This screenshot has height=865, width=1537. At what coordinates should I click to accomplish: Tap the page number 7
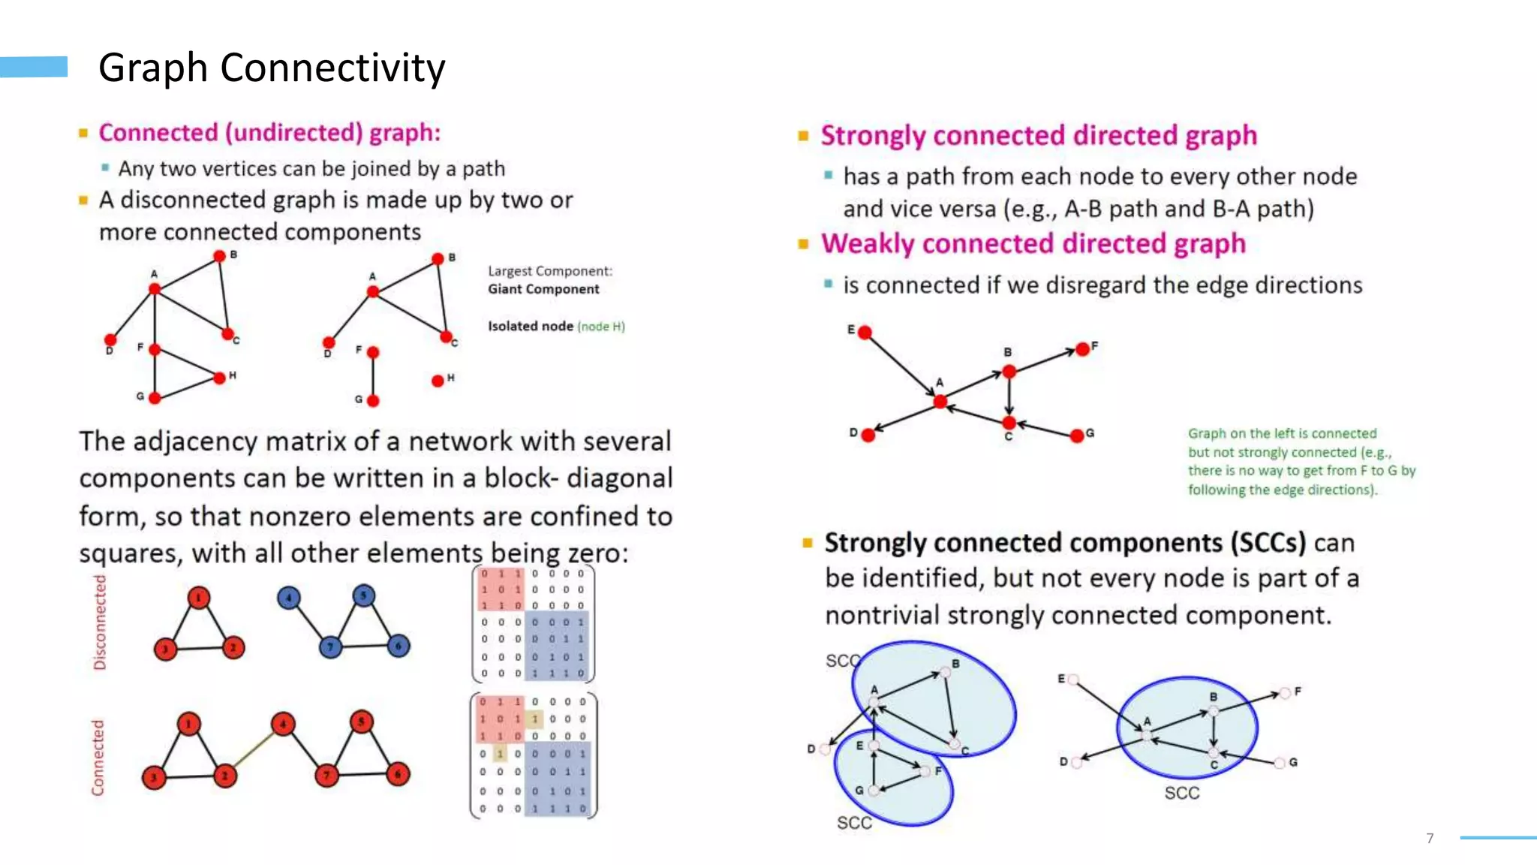click(1430, 838)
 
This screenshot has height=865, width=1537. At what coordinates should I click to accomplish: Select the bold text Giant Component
click(543, 289)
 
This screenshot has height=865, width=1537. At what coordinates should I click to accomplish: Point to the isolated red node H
click(438, 381)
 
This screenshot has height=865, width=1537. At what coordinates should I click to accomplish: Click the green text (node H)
click(601, 327)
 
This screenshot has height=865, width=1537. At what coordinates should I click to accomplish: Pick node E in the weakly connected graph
click(865, 333)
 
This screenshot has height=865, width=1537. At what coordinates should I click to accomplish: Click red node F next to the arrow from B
click(1082, 349)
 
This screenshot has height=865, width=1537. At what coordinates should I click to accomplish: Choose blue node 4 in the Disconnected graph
click(289, 598)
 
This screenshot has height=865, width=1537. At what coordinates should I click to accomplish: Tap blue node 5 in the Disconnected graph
click(363, 595)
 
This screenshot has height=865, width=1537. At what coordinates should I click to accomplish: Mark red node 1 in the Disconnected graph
click(198, 598)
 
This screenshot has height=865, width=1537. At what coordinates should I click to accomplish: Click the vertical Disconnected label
click(100, 622)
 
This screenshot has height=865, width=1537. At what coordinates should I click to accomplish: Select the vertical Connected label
click(98, 757)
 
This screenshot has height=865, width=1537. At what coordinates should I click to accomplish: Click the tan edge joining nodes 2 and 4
click(254, 749)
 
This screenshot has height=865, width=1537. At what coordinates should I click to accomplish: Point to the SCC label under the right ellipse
click(1181, 793)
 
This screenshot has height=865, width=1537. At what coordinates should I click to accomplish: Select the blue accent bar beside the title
click(34, 67)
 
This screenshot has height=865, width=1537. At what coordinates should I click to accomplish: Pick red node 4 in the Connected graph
click(283, 724)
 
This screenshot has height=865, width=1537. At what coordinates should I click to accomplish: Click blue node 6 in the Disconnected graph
click(399, 645)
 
